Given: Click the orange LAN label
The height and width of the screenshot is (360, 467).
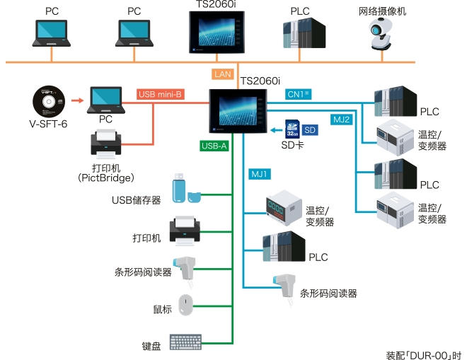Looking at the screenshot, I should click(221, 74).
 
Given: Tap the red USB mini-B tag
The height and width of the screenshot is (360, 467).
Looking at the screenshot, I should click(161, 94).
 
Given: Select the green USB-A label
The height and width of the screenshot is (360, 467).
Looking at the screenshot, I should click(214, 146).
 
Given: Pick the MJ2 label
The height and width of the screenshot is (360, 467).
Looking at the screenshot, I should click(342, 118).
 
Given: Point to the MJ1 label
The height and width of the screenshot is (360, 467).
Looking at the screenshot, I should click(260, 173).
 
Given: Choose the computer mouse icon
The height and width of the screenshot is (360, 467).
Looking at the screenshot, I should click(185, 305).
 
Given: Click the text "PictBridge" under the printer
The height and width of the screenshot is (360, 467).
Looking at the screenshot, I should click(105, 179).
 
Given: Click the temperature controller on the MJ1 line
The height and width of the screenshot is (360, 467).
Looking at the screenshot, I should click(283, 207).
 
